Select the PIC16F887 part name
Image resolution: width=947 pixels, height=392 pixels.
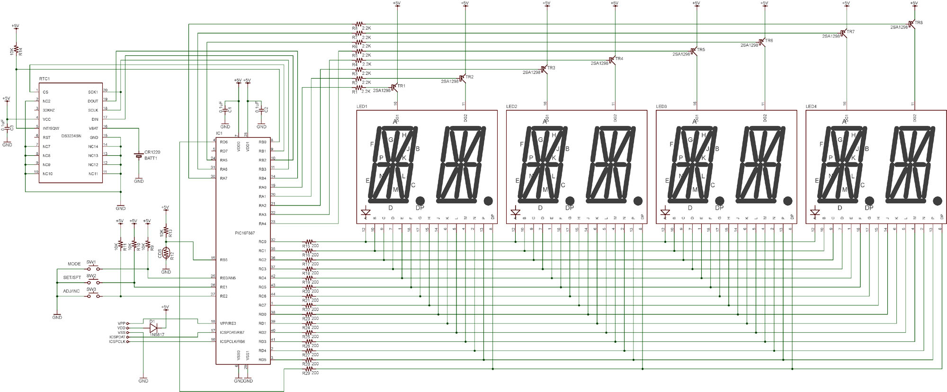point(245,232)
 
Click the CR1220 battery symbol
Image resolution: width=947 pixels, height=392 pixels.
point(139,155)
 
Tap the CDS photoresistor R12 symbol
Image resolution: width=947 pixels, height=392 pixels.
point(166,253)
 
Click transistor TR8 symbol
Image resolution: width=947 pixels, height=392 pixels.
point(912,24)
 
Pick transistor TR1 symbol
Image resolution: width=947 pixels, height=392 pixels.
point(394,88)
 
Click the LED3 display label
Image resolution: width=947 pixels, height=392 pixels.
point(661,107)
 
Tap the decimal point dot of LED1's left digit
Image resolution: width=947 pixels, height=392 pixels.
point(420,200)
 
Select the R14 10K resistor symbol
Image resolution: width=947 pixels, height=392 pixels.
point(16,49)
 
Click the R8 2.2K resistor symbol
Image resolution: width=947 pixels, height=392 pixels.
point(358,24)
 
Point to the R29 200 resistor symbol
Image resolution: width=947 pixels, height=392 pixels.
point(308,369)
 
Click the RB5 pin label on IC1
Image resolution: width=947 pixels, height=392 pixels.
point(223,260)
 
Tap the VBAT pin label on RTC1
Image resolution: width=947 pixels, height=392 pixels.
point(93,128)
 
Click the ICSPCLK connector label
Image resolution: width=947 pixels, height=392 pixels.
point(117,341)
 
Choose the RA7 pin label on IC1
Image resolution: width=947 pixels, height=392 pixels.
point(223,178)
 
